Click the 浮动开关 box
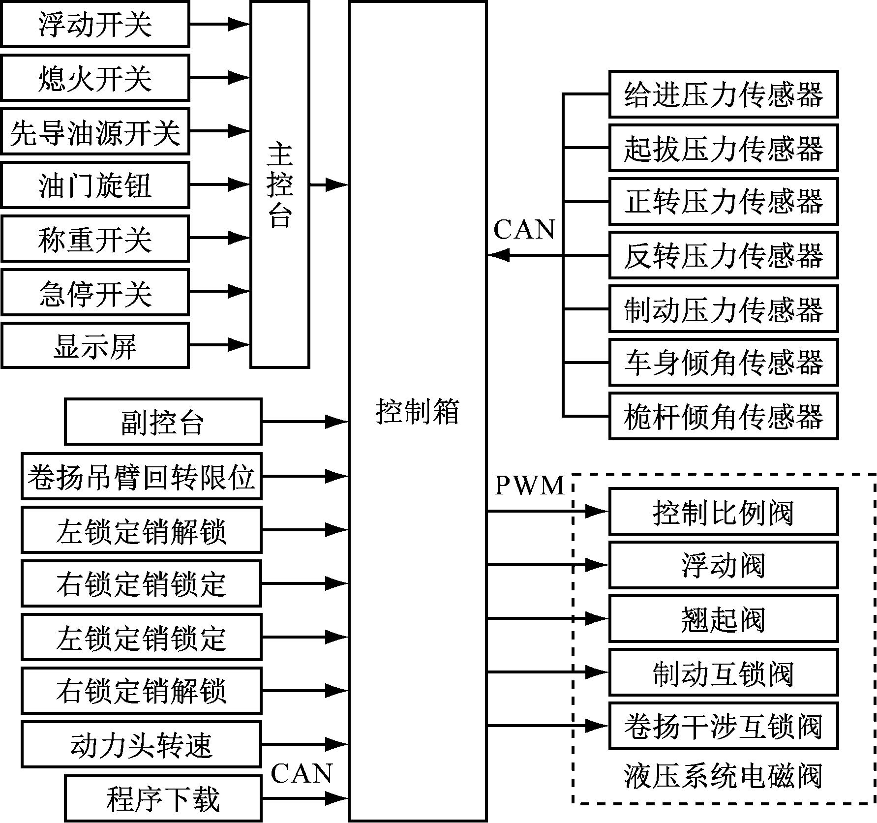pos(95,24)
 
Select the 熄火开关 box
pos(95,78)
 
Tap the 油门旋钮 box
pos(95,185)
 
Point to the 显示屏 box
pos(95,345)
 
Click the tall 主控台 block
pos(279,184)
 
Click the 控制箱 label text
pos(417,411)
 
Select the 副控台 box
pos(163,422)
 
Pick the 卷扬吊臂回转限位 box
pos(141,476)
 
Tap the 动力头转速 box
pos(141,744)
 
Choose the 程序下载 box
pos(163,798)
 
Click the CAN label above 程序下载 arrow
pos(302,774)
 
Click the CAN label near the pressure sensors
pos(524,230)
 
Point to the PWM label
pos(529,486)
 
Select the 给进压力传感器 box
pos(723,94)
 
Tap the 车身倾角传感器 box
pos(723,363)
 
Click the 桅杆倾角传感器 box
pos(723,416)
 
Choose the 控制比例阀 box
pos(723,512)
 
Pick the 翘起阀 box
pos(723,619)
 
